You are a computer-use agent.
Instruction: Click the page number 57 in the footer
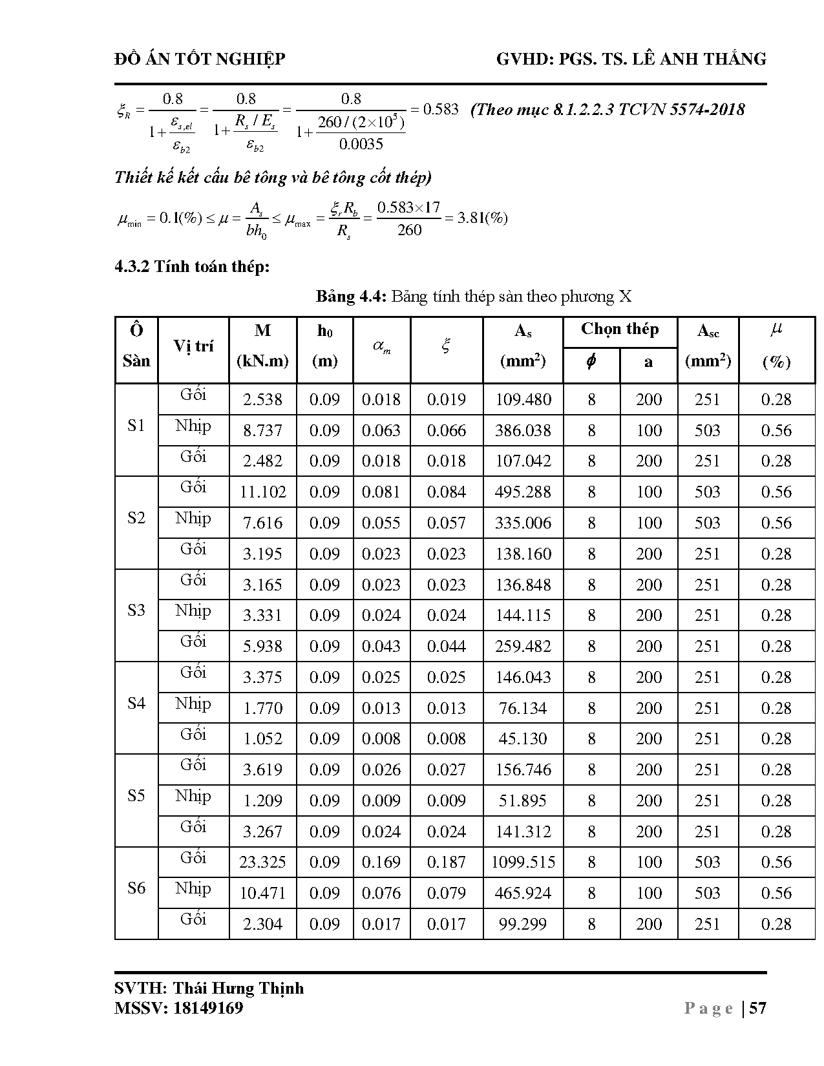click(757, 1009)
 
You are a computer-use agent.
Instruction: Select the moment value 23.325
click(262, 862)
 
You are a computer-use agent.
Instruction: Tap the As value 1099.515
click(523, 862)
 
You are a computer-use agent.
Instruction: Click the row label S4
click(136, 703)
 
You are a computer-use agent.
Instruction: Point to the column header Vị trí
click(193, 346)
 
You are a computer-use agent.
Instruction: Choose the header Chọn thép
click(619, 329)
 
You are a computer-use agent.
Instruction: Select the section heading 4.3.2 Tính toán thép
click(192, 267)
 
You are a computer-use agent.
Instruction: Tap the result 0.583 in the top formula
click(440, 109)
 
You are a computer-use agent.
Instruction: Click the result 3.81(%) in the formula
click(482, 218)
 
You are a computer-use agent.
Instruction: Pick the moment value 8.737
click(262, 430)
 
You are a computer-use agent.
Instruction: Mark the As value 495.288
click(523, 492)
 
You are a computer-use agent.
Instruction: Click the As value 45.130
click(523, 739)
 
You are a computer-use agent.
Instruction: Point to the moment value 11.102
click(262, 492)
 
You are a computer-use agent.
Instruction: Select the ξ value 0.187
click(446, 862)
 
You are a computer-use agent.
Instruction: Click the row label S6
click(136, 888)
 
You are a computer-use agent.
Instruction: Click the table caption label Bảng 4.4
click(350, 297)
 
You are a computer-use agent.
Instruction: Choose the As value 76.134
click(523, 709)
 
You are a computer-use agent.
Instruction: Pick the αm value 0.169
click(381, 862)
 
